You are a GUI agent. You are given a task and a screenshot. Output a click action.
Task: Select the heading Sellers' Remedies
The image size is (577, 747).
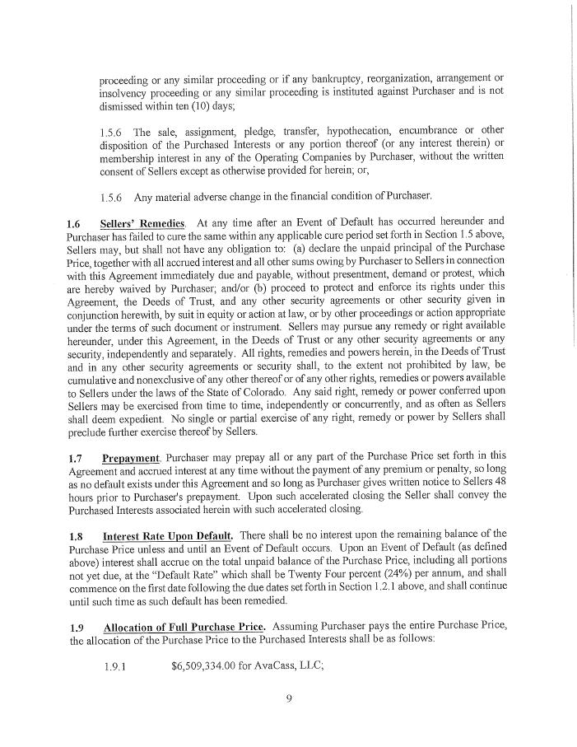click(x=142, y=222)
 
